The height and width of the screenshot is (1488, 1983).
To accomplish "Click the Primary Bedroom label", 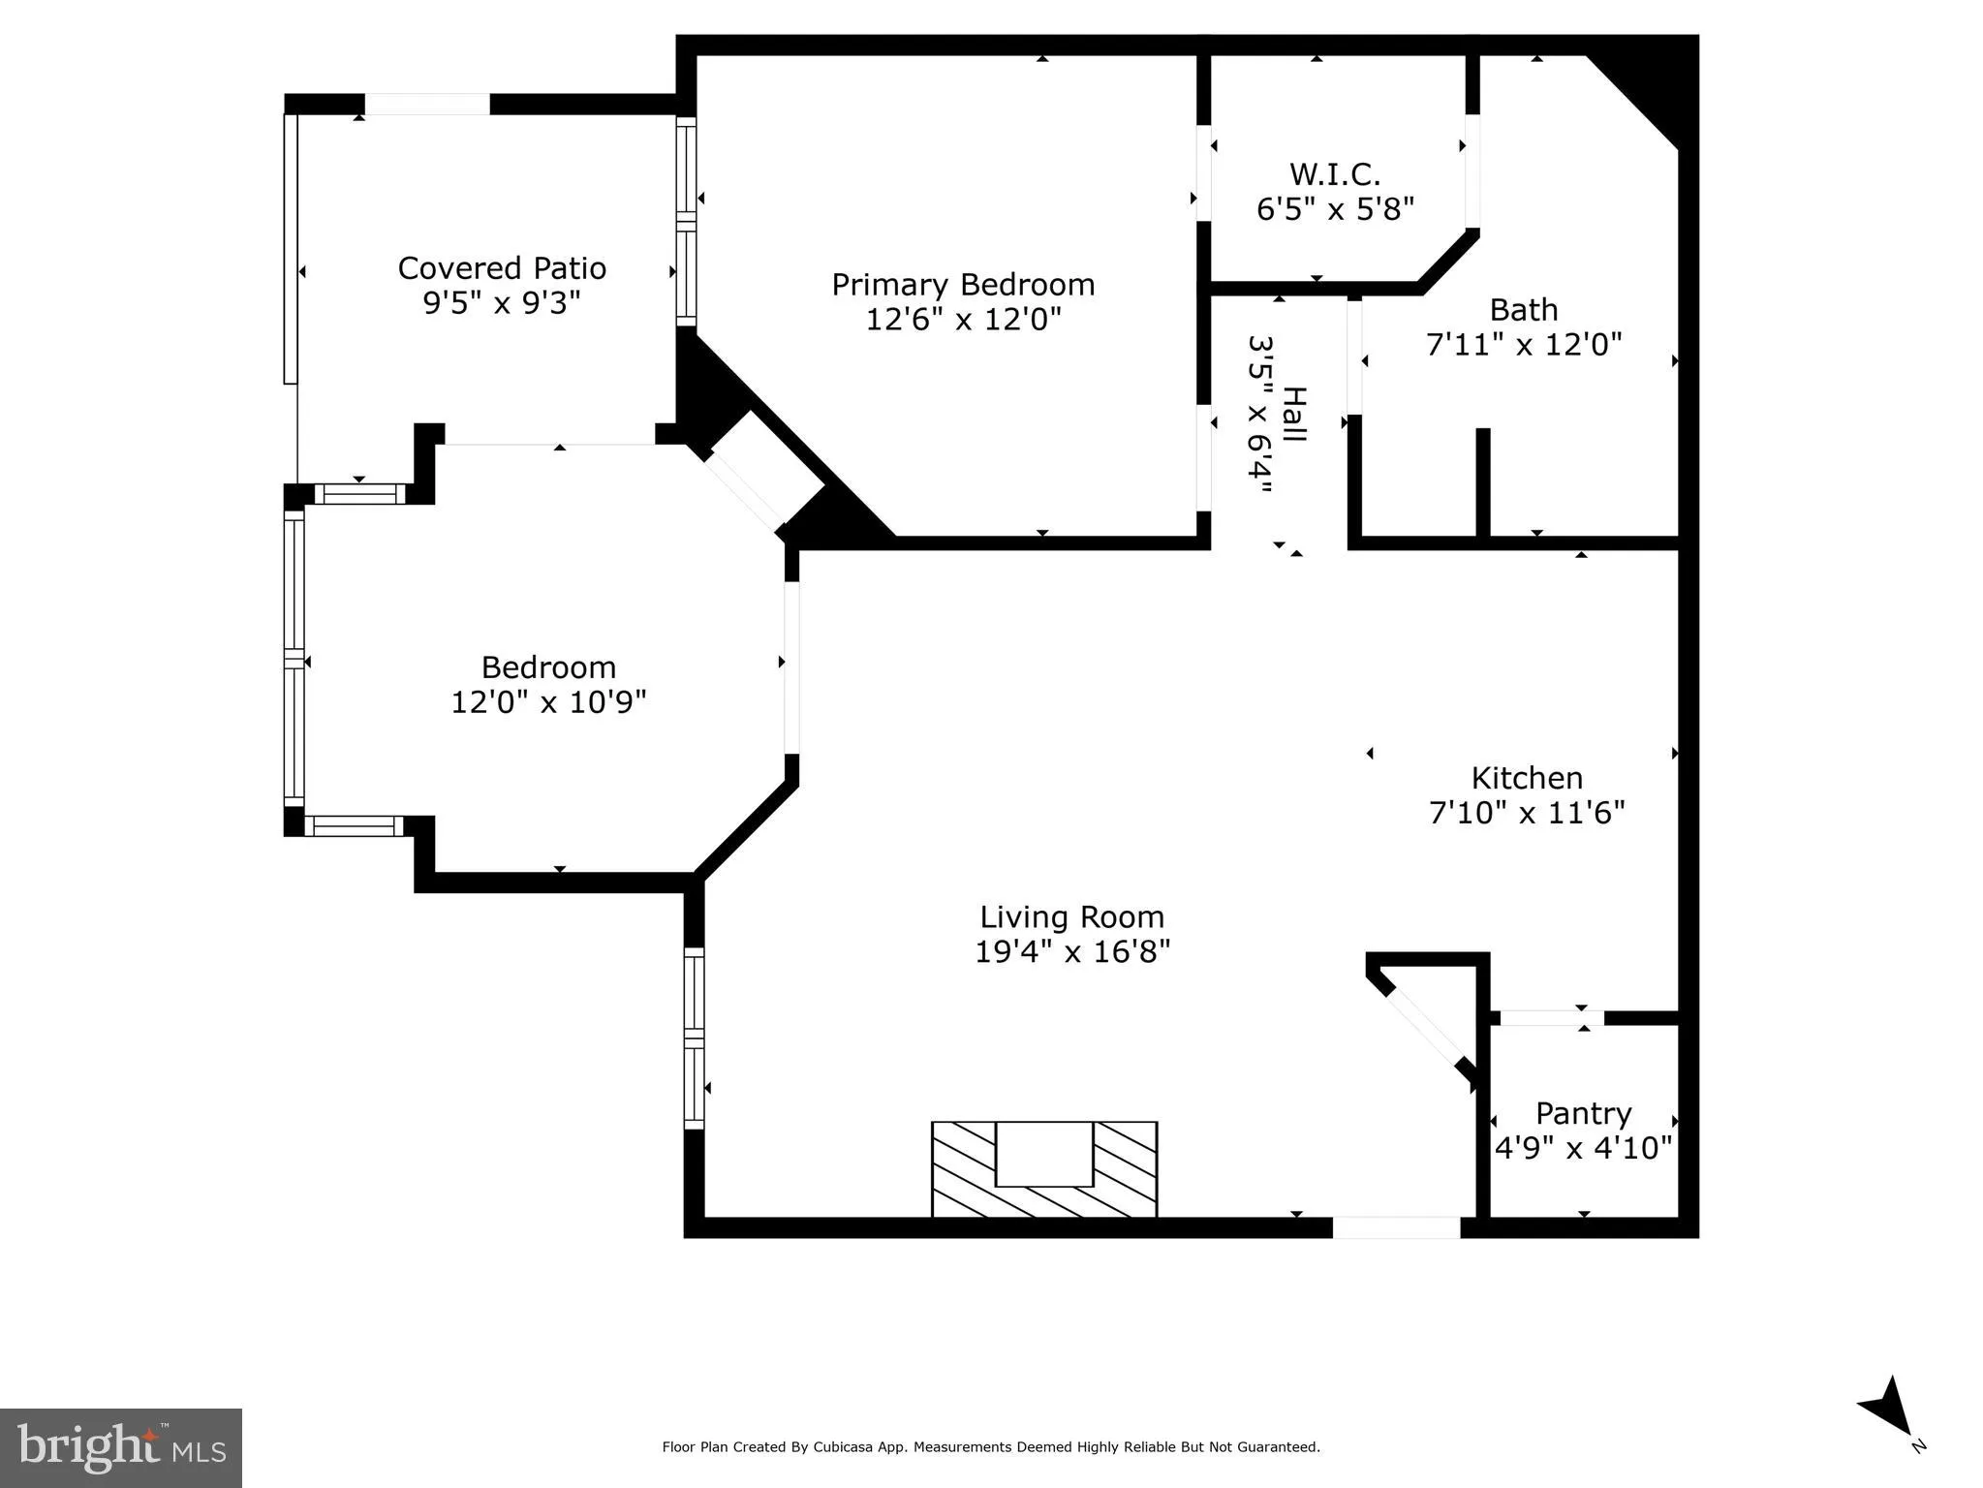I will click(x=962, y=285).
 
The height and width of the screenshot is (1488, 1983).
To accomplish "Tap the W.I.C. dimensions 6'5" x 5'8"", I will click(x=1335, y=209).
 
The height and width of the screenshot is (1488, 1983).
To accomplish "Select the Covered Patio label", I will click(x=502, y=268).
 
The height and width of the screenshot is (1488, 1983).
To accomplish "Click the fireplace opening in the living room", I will click(x=1043, y=1154).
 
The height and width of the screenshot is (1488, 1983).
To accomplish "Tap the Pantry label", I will click(x=1583, y=1113).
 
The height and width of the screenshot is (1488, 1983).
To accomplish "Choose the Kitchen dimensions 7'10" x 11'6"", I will click(x=1527, y=812).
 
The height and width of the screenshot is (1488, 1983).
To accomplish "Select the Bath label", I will click(x=1523, y=310).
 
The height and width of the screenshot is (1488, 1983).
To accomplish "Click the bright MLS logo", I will click(x=121, y=1447).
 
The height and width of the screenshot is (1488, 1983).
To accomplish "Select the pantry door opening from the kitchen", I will click(x=1552, y=1018).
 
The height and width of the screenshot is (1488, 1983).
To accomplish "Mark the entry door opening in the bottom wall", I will click(x=1396, y=1227).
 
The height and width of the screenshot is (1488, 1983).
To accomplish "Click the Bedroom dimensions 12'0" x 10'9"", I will click(x=548, y=702).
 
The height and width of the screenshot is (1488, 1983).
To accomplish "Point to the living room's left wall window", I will click(x=694, y=1038).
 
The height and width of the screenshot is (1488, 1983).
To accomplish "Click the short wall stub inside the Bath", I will click(x=1482, y=481).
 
